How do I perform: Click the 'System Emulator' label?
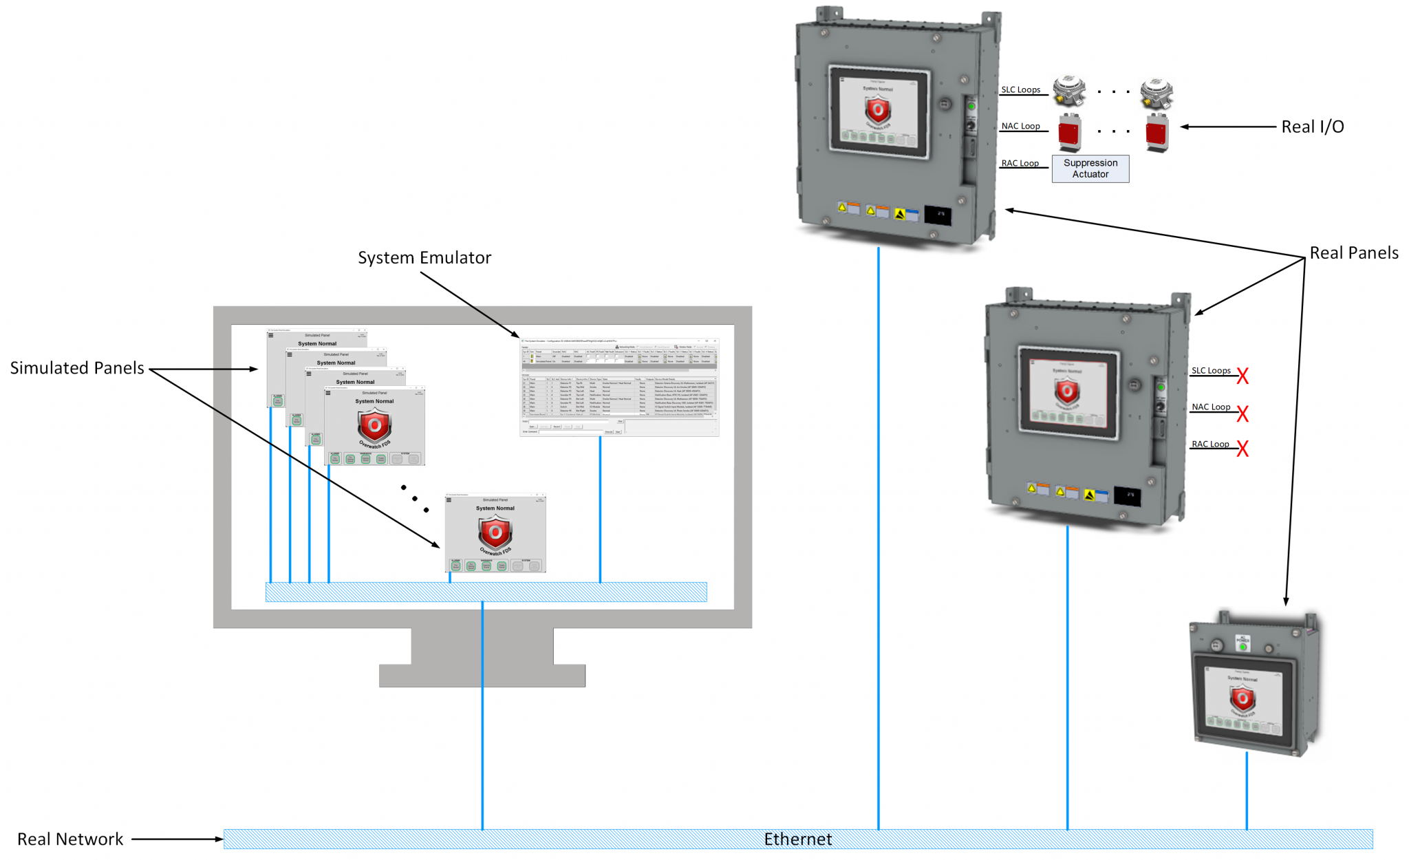[x=424, y=258]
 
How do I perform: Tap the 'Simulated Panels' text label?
[x=77, y=368]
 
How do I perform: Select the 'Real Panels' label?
[x=1353, y=253]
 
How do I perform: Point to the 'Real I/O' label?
[x=1312, y=127]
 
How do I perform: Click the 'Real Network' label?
[x=70, y=839]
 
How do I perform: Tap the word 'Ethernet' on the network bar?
[x=797, y=839]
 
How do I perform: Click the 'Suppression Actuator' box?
[x=1090, y=169]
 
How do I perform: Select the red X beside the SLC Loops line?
[x=1242, y=376]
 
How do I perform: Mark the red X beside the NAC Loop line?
[x=1242, y=413]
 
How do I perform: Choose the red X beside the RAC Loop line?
[x=1242, y=449]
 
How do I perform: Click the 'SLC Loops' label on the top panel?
[x=1020, y=90]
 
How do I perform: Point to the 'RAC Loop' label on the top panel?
[x=1020, y=164]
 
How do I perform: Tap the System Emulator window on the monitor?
[x=619, y=387]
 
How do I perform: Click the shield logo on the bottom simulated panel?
[x=495, y=532]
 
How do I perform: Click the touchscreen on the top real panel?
[x=878, y=111]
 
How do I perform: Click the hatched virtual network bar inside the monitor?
[x=486, y=592]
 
